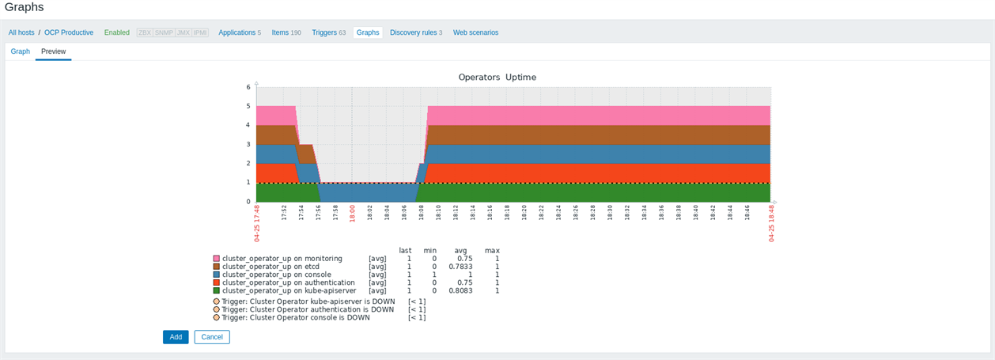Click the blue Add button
pyautogui.click(x=176, y=337)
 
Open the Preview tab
pyautogui.click(x=54, y=51)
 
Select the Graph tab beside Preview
pyautogui.click(x=21, y=51)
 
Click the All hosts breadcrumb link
pyautogui.click(x=21, y=32)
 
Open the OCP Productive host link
pyautogui.click(x=69, y=32)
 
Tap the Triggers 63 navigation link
pyautogui.click(x=328, y=32)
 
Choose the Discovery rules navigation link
pyautogui.click(x=415, y=32)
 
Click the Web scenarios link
pyautogui.click(x=475, y=32)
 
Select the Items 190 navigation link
pyautogui.click(x=286, y=32)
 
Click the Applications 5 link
pyautogui.click(x=239, y=32)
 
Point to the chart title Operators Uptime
pyautogui.click(x=497, y=78)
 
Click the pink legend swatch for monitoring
pyautogui.click(x=217, y=259)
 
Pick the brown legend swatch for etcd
pyautogui.click(x=217, y=267)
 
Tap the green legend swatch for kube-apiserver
pyautogui.click(x=217, y=291)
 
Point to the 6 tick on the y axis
pyautogui.click(x=248, y=87)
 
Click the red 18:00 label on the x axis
pyautogui.click(x=352, y=214)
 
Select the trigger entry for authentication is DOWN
pyautogui.click(x=308, y=309)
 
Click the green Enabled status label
pyautogui.click(x=117, y=32)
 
